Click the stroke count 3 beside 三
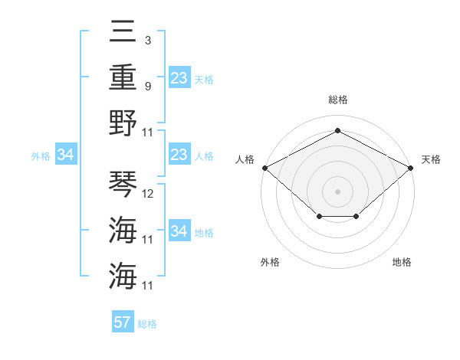147,40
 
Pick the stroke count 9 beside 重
147,86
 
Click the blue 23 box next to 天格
179,78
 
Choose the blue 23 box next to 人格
179,155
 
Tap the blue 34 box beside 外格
65,155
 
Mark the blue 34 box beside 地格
179,231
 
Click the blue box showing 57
123,322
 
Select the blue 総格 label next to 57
147,324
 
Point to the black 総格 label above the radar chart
337,100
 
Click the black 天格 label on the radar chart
431,159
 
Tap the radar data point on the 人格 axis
264,168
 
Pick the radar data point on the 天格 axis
411,168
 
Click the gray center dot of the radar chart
337,191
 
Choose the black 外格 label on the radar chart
270,262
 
